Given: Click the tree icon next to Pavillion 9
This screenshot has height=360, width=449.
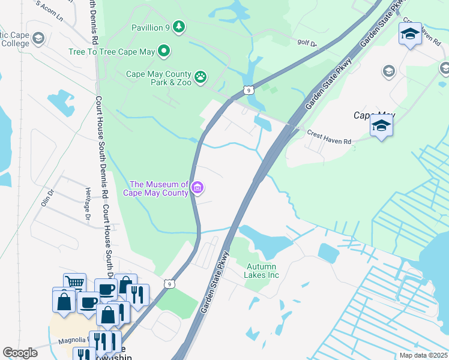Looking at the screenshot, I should (178, 26).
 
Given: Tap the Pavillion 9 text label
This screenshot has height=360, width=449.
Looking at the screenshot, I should (150, 27).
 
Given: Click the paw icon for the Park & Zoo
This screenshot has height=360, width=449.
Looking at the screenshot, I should (201, 77).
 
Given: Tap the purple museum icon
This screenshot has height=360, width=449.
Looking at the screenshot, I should (197, 188).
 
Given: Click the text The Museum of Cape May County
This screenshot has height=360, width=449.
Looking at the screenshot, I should (158, 188).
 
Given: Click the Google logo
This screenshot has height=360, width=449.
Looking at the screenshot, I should (20, 352).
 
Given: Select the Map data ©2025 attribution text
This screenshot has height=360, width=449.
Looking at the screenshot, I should (423, 355).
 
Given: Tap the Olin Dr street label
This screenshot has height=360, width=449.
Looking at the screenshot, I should (47, 197).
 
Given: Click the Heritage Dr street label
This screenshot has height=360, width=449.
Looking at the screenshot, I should (87, 209).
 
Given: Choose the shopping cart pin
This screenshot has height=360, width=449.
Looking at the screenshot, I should (74, 283).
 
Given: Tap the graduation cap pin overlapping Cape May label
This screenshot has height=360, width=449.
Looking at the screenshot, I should (381, 127).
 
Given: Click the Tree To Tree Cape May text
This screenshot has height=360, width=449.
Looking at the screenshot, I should (112, 52).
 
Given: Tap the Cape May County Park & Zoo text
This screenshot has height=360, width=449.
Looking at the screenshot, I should (158, 78).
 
